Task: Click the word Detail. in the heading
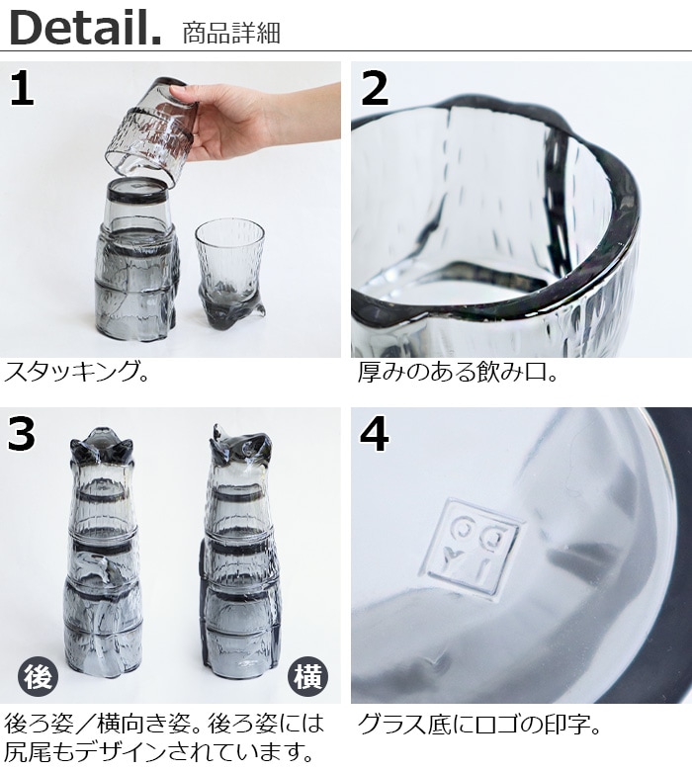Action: click(85, 29)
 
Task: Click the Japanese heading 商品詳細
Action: click(231, 33)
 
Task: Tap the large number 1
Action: click(22, 88)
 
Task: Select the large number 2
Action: click(375, 88)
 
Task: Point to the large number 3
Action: click(21, 433)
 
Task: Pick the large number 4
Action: click(375, 433)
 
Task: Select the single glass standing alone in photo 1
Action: click(230, 275)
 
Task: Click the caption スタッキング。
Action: click(77, 373)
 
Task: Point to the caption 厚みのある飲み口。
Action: click(458, 373)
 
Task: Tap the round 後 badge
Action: click(39, 676)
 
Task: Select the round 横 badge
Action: click(307, 676)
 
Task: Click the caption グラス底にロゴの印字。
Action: click(479, 725)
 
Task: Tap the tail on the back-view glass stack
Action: click(95, 566)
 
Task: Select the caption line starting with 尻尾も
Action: click(159, 751)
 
